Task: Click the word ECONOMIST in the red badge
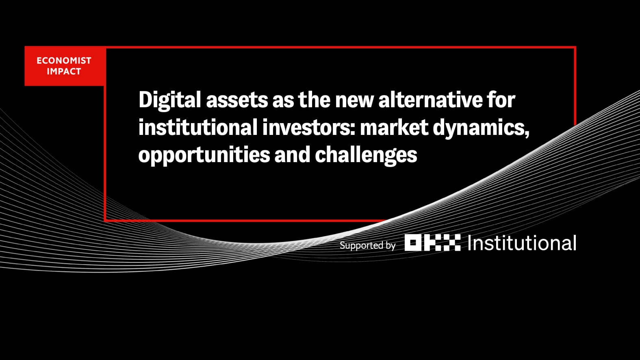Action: (64, 61)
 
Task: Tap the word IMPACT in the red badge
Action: (64, 72)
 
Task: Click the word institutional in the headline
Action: (198, 128)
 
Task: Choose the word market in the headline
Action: (394, 128)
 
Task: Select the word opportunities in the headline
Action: (204, 155)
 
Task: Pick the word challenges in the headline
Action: (366, 155)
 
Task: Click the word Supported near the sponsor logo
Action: (358, 246)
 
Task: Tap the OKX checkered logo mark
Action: (433, 243)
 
